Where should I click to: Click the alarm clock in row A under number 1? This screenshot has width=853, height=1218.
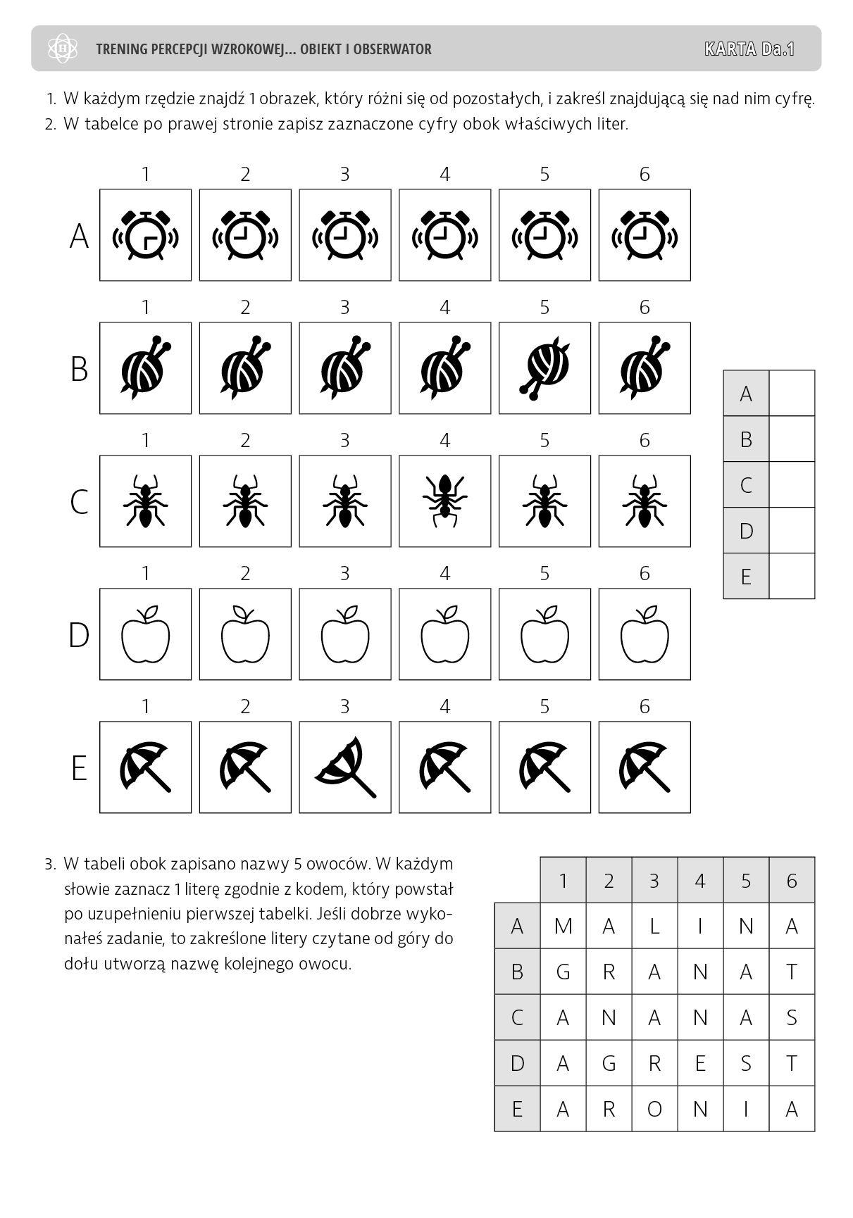tap(145, 235)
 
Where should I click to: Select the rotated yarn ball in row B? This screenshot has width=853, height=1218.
tap(544, 368)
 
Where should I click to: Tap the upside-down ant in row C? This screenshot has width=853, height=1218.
tap(444, 501)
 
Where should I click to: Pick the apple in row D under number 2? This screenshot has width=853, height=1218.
tap(245, 634)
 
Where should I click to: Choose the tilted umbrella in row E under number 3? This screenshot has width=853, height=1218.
tap(345, 767)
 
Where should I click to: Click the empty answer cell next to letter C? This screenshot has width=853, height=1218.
tap(792, 485)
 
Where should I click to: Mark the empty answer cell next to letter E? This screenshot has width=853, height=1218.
tap(792, 577)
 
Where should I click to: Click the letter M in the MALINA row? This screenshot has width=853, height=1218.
tap(563, 926)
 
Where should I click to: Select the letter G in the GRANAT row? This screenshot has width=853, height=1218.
tap(563, 972)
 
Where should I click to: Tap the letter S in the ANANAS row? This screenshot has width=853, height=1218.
tap(792, 1017)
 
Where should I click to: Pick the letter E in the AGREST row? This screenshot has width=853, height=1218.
tap(700, 1063)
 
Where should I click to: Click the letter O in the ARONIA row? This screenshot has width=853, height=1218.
tap(654, 1109)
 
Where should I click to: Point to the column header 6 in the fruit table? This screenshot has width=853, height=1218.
tap(792, 880)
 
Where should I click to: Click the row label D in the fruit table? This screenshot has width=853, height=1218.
tap(517, 1063)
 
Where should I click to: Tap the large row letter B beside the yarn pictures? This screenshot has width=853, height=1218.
tap(79, 369)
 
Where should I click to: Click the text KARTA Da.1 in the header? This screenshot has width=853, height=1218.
tap(749, 49)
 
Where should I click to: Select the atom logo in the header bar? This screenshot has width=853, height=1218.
tap(63, 49)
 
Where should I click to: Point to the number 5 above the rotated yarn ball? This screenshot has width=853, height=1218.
tap(544, 308)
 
